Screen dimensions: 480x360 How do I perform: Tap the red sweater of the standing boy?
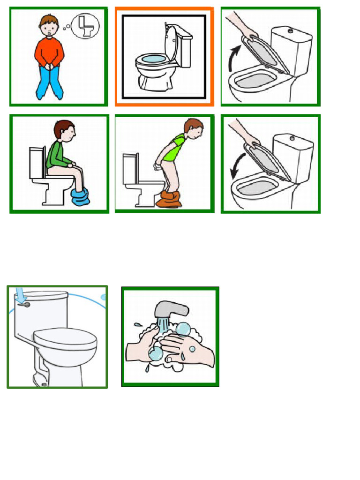[49, 52]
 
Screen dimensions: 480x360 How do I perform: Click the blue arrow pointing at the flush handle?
[19, 294]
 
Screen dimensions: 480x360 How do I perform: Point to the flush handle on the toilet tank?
[26, 305]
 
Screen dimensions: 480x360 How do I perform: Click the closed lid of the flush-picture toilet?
[65, 337]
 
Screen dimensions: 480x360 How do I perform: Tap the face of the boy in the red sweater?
[49, 29]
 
